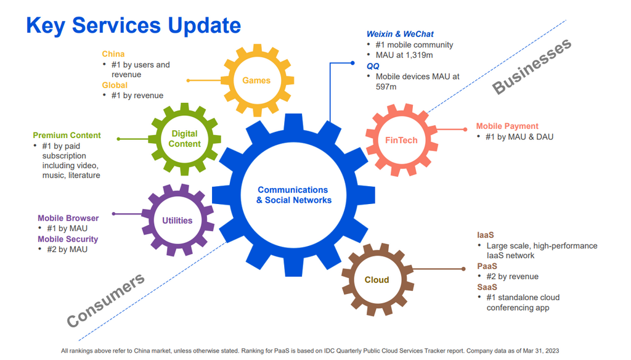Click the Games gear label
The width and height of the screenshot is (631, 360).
click(x=256, y=81)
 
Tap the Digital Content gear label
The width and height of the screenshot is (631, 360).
click(x=184, y=139)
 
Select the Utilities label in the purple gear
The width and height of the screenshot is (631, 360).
click(x=177, y=221)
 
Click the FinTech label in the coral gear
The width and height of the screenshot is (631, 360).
click(x=401, y=140)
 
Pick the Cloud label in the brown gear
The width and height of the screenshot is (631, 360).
click(x=377, y=280)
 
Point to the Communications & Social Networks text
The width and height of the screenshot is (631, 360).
click(x=294, y=195)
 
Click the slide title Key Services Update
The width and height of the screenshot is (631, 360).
click(x=134, y=25)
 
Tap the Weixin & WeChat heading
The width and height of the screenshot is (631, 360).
click(x=400, y=35)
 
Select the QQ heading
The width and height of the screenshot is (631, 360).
click(x=373, y=66)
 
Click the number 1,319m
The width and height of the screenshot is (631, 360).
click(x=418, y=55)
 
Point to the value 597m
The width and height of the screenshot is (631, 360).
click(x=386, y=86)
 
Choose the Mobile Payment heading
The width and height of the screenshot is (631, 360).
click(x=507, y=126)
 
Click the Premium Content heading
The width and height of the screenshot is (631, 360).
click(x=67, y=135)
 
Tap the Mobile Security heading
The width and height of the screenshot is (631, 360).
click(x=68, y=239)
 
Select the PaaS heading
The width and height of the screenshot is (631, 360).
click(x=487, y=266)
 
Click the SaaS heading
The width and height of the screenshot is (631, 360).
click(x=487, y=287)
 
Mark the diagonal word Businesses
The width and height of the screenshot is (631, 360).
click(x=532, y=67)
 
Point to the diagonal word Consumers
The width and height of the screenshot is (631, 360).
click(x=105, y=300)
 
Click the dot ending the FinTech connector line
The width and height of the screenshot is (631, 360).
click(x=465, y=129)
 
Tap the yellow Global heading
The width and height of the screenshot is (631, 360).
click(x=114, y=85)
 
